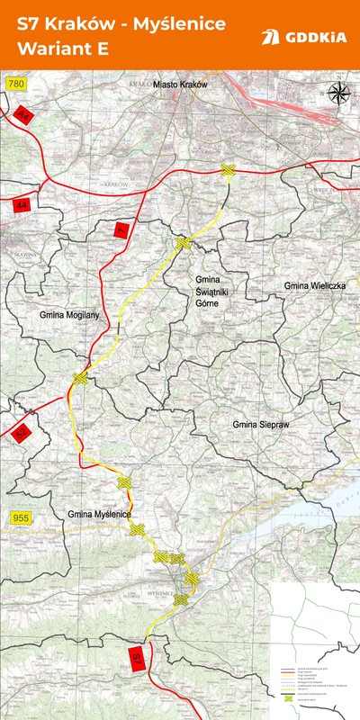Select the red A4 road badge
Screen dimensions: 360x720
(24, 116)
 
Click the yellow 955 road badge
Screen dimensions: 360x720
(21, 517)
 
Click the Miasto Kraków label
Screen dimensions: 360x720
(180, 84)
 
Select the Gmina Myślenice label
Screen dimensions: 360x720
(99, 513)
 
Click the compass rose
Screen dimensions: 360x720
(340, 94)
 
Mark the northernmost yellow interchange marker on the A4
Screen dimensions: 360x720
(229, 170)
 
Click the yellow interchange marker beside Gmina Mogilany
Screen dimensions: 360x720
(81, 379)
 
